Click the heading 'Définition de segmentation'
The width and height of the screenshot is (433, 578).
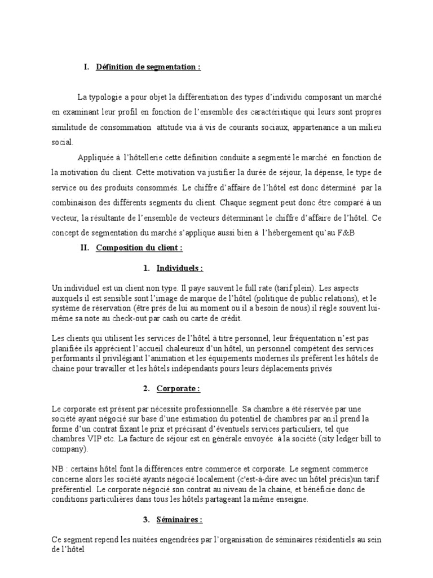(148, 68)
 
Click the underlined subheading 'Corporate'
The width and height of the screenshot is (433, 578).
(178, 389)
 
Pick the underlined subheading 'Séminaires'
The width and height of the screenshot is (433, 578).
(180, 519)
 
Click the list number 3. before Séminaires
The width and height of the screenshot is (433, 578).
(146, 519)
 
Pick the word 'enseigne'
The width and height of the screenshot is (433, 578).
(292, 499)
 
